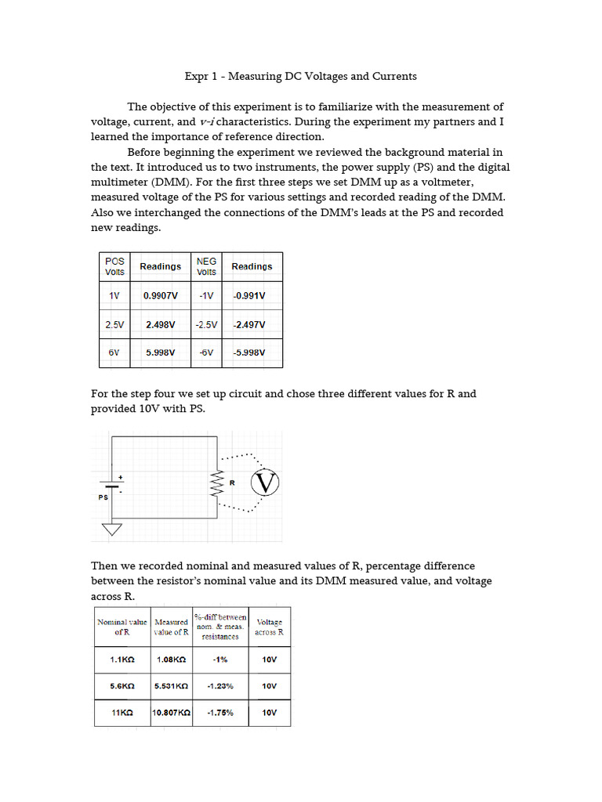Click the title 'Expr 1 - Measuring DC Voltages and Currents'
tap(300, 76)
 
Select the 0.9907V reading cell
tap(160, 296)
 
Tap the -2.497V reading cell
tap(251, 324)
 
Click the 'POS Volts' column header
tap(114, 266)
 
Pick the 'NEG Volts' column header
tap(206, 266)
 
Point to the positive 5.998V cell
tap(160, 352)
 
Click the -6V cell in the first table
tap(206, 352)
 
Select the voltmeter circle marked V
tap(266, 483)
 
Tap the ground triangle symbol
tap(113, 529)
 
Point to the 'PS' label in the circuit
tap(103, 497)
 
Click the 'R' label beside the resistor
tap(232, 482)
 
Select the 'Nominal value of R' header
tap(121, 627)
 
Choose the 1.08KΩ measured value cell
tap(171, 659)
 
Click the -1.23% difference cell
tap(220, 685)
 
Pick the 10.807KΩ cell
tap(171, 713)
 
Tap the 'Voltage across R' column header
tap(270, 627)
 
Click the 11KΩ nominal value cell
tap(121, 713)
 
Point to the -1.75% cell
tap(220, 713)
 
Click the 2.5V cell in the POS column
tap(114, 324)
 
